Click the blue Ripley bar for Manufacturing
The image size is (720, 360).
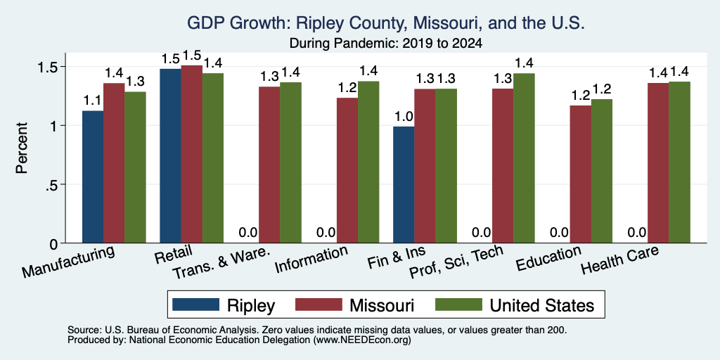tap(93, 176)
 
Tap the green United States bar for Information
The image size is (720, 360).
tap(368, 162)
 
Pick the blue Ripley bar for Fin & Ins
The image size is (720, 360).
tap(404, 185)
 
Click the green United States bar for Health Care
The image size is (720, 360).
tap(679, 162)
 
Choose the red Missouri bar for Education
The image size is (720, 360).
tap(580, 174)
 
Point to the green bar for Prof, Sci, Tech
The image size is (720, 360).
tap(524, 158)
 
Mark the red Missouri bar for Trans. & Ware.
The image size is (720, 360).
tap(269, 165)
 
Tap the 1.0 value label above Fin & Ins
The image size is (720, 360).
tap(404, 117)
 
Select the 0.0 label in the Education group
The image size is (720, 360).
tap(559, 233)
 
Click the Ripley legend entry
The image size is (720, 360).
tap(224, 305)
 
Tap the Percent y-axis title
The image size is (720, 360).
tap(22, 148)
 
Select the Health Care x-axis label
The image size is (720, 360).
tap(620, 259)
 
